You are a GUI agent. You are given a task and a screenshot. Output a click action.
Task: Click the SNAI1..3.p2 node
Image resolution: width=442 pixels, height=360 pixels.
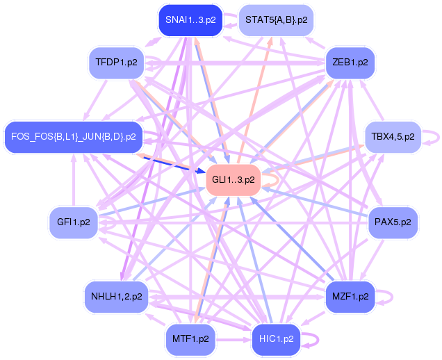[190, 20]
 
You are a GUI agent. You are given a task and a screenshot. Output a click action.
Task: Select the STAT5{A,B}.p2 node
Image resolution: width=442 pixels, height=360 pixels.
[275, 20]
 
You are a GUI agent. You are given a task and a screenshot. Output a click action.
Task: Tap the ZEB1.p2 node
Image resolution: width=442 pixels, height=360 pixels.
[350, 62]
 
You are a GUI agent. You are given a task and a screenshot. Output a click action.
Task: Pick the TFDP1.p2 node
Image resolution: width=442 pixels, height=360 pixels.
[117, 63]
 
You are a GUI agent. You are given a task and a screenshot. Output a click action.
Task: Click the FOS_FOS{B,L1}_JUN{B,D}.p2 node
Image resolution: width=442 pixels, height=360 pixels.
[73, 136]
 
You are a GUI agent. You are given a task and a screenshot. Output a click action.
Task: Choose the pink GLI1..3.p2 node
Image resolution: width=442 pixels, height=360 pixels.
[232, 179]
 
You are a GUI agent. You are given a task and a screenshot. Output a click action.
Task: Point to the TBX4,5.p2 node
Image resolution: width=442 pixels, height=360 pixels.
[393, 136]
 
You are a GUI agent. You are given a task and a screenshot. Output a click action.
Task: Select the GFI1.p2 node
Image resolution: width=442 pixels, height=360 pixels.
[73, 222]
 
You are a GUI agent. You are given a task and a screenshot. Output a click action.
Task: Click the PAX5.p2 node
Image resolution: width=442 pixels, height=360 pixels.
[393, 222]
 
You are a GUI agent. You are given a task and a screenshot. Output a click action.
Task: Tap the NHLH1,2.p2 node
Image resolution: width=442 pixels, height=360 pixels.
[116, 296]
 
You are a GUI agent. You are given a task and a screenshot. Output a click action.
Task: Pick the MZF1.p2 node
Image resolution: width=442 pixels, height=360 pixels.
[350, 296]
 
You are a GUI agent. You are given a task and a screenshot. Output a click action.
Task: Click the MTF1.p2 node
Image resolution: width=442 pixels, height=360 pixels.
[190, 339]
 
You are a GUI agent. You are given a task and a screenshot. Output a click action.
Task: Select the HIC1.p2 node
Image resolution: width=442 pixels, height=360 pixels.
[276, 339]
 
